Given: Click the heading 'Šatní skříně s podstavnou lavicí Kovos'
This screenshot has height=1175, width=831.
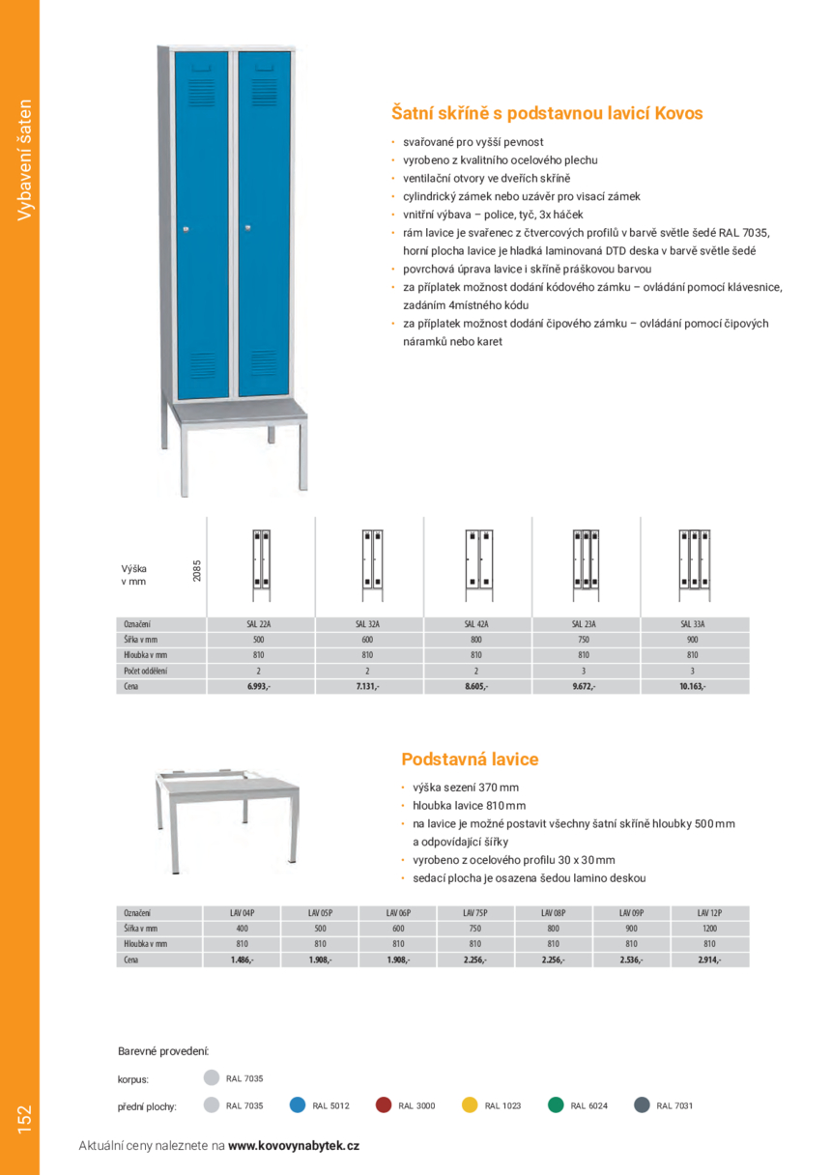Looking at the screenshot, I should click(546, 114).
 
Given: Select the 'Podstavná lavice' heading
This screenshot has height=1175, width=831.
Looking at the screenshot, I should click(470, 759).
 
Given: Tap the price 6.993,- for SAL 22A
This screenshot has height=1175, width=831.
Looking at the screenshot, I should click(259, 686).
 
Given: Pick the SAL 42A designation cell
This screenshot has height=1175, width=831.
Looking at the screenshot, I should click(476, 624).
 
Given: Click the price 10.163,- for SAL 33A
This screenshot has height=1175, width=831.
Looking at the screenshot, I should click(693, 686).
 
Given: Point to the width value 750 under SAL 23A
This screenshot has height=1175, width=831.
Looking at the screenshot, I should click(584, 640).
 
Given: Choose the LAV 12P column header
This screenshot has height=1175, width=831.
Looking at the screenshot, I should click(709, 912).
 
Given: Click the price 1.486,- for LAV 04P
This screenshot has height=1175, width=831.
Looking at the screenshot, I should click(242, 960).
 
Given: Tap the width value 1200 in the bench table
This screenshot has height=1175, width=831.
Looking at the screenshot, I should click(709, 928).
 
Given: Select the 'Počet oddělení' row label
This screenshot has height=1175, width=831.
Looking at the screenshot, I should click(146, 671).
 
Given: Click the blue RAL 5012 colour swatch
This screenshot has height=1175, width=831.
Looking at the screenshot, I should click(299, 1105).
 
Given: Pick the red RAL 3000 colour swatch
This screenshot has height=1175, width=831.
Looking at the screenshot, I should click(384, 1105).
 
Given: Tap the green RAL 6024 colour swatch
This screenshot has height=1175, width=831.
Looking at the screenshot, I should click(556, 1105).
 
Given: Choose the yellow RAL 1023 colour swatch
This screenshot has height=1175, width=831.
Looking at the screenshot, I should click(470, 1105).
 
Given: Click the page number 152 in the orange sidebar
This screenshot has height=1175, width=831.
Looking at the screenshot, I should click(24, 1119).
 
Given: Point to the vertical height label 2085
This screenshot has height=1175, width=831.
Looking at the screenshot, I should click(197, 571).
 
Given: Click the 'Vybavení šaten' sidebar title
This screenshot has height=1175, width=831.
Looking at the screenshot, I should click(24, 159).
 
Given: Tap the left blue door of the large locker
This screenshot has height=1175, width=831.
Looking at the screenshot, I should click(202, 222).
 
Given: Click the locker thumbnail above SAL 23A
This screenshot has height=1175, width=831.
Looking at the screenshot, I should click(585, 559).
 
